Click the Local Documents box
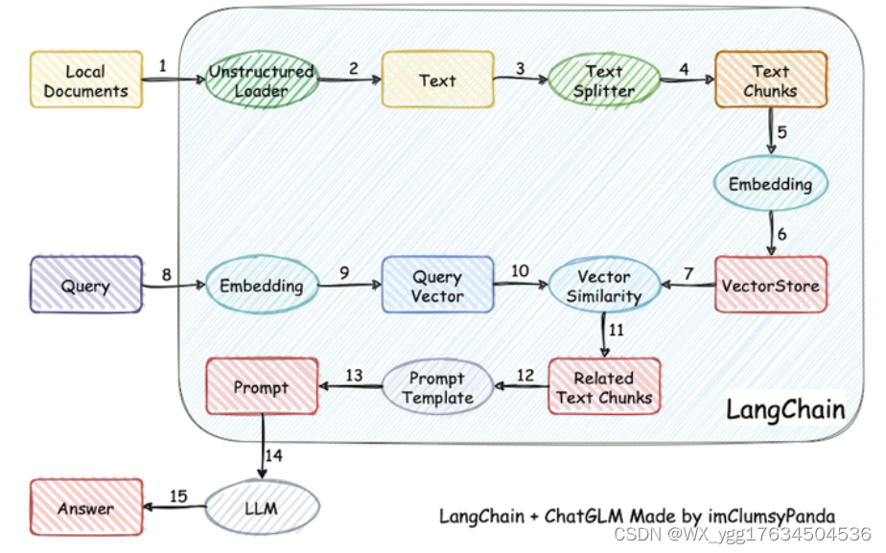(x=86, y=80)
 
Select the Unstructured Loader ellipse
(x=262, y=80)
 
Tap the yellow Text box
(x=438, y=80)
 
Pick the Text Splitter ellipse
(x=604, y=81)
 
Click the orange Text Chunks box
(x=771, y=80)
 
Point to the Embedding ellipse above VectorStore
(x=771, y=184)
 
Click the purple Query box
(x=86, y=285)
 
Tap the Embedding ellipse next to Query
(x=262, y=285)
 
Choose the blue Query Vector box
(x=438, y=285)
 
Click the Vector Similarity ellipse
(x=604, y=285)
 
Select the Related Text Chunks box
(x=604, y=386)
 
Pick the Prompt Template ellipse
(x=438, y=387)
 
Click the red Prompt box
(x=262, y=386)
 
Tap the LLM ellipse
(x=262, y=507)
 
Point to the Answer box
(x=86, y=507)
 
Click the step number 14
(x=273, y=455)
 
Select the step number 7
(x=688, y=274)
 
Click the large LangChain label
(x=785, y=409)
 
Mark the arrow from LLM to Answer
(x=175, y=507)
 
